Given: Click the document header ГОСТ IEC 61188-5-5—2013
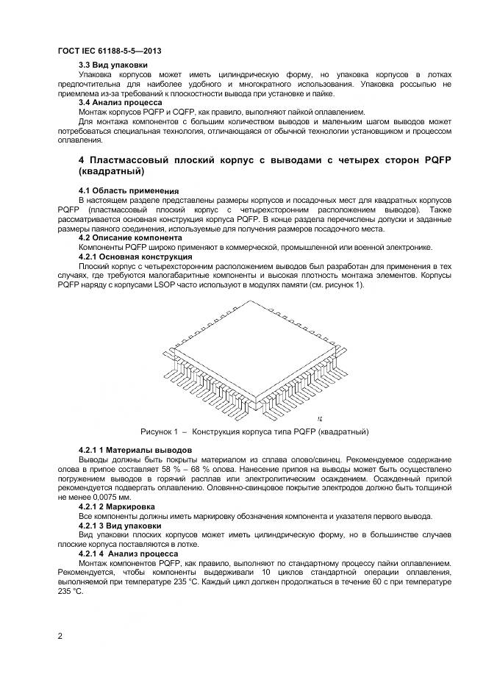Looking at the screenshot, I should [109, 51].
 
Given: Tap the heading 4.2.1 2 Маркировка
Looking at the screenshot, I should [116, 506].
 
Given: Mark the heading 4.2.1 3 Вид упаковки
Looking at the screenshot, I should [120, 526].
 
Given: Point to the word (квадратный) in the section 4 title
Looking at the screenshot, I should [112, 171].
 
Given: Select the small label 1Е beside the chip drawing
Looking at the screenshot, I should [321, 418].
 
